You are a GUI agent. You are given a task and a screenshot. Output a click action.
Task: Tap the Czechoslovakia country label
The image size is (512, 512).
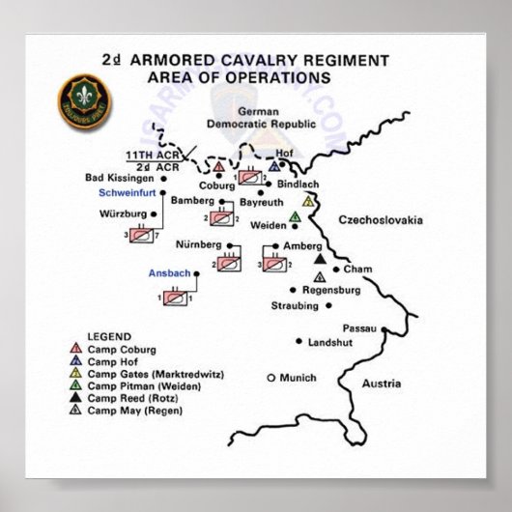click(x=380, y=220)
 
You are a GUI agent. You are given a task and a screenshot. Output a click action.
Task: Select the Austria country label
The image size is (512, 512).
click(x=380, y=384)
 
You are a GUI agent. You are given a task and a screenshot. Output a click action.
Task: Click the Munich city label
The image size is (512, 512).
click(x=298, y=377)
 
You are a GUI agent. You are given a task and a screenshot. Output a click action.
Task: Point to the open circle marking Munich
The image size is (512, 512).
click(x=271, y=377)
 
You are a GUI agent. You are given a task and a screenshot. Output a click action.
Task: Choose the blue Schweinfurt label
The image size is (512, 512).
click(x=128, y=193)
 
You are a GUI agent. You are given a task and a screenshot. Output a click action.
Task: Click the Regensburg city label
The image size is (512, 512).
click(x=331, y=289)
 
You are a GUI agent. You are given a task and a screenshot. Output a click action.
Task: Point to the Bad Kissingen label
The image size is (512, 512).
click(x=121, y=178)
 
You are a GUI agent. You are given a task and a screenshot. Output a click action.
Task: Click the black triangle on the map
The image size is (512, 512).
click(x=319, y=259)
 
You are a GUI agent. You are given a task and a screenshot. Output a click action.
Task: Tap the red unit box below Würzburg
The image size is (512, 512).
click(x=141, y=235)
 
